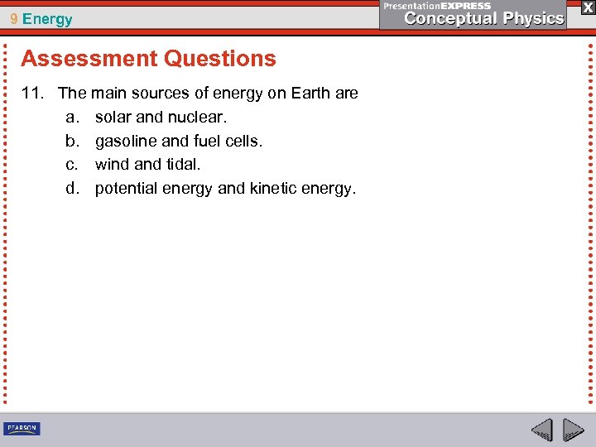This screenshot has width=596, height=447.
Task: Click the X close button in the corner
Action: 587,7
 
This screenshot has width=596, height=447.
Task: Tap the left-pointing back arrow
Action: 541,430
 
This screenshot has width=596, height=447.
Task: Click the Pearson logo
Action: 22,429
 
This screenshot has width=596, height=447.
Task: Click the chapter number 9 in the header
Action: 14,19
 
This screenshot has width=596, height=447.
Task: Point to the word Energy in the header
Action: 47,19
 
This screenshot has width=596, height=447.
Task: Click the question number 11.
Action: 31,94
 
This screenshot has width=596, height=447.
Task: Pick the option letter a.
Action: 71,118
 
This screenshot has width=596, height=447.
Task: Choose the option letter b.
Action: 71,142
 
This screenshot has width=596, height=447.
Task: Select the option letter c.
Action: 71,165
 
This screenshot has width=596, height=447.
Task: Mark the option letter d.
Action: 71,189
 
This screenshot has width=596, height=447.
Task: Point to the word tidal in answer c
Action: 183,165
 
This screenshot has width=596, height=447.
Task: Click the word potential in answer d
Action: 126,189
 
